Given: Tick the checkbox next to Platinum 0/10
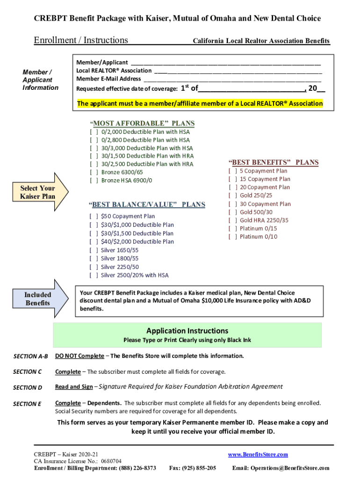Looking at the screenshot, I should pos(232,237).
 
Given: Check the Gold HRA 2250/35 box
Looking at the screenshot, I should pos(232,220).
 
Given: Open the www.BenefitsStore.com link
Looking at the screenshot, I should pos(258,455).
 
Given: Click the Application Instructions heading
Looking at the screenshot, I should pos(187,331).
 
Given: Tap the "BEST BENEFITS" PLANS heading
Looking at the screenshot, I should pos(274,162).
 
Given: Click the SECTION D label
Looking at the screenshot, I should pos(28,387).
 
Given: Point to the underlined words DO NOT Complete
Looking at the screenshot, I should pos(79,356).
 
